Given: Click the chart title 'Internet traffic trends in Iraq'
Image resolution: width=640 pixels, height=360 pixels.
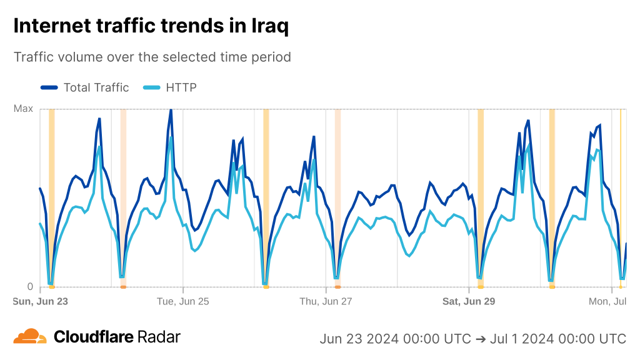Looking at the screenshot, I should [151, 26].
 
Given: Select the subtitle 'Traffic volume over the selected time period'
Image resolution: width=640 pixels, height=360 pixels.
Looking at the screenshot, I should [152, 57].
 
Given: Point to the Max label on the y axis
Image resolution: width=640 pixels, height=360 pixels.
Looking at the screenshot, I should [23, 109].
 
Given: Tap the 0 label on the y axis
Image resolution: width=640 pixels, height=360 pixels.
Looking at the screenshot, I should [29, 287].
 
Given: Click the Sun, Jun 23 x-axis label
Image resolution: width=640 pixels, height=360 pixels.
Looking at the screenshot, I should [41, 301].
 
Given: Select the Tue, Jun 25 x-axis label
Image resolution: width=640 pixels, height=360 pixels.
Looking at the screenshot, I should [183, 301].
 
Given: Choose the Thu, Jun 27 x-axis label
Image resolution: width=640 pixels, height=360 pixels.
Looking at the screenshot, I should [326, 301].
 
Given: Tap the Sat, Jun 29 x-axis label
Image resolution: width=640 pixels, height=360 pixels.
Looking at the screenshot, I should [469, 301].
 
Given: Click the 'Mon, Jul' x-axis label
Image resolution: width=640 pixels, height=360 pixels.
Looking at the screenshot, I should [607, 301].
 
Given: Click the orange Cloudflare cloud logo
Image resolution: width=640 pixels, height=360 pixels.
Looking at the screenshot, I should [30, 337].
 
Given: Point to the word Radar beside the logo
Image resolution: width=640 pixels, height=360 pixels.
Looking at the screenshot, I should [159, 337].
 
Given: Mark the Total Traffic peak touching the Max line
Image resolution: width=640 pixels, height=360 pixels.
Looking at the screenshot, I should [171, 110].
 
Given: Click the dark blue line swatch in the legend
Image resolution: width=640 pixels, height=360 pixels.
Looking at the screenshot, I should [49, 87].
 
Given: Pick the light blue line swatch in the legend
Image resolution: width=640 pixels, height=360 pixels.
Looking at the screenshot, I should [152, 87].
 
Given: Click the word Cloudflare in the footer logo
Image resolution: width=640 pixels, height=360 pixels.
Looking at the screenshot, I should [94, 337].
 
